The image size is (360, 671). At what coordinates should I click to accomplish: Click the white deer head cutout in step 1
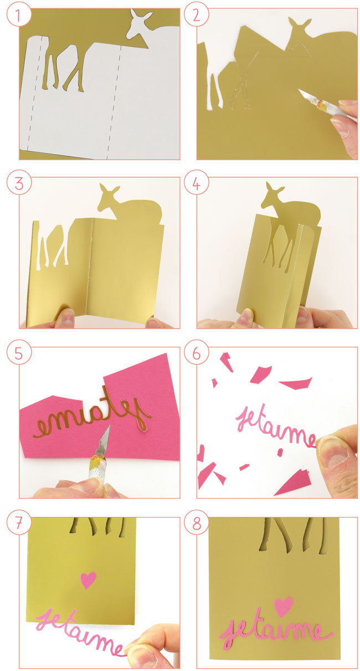tap(138, 25)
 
